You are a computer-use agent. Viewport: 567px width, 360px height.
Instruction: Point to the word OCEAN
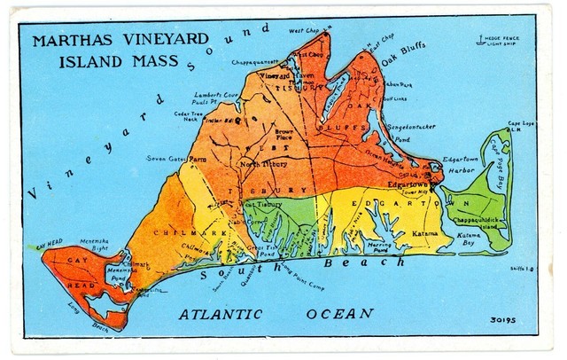coord(340,314)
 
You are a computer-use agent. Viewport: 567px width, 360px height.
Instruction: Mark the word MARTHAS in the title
coord(71,42)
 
